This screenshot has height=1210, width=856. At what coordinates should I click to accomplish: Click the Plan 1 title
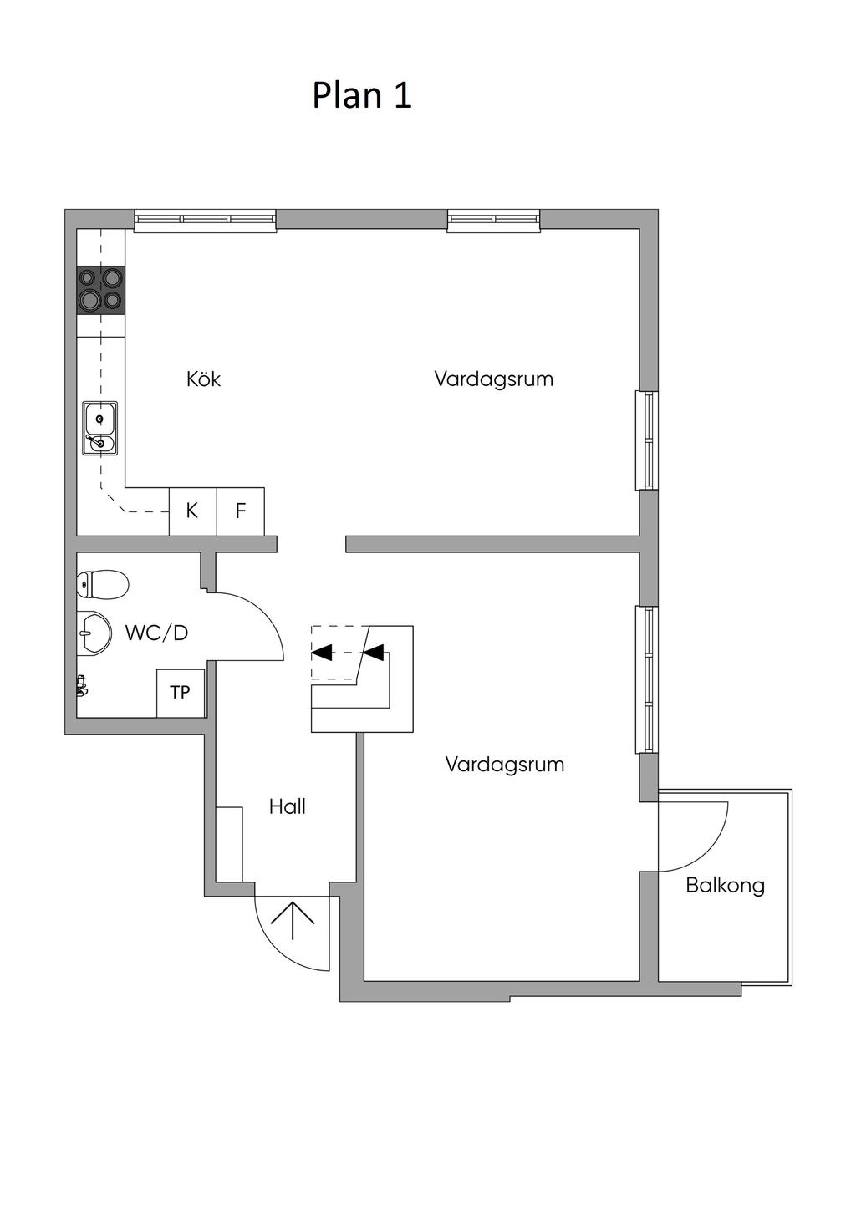click(361, 95)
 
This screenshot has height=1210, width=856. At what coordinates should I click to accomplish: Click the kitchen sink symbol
click(100, 427)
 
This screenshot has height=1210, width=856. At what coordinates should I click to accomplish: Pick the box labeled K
click(193, 511)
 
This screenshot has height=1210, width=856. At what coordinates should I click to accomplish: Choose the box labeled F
click(241, 511)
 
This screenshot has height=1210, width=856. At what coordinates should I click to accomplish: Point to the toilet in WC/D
click(103, 584)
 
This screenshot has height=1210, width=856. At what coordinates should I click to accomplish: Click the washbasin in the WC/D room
click(94, 633)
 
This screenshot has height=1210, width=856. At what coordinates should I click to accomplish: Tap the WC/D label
click(156, 633)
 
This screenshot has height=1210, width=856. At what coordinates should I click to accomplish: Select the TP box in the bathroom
click(181, 693)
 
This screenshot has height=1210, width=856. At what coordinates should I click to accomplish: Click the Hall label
click(288, 806)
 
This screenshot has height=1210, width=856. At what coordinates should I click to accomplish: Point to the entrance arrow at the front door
click(293, 920)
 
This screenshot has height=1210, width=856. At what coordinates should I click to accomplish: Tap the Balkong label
click(726, 886)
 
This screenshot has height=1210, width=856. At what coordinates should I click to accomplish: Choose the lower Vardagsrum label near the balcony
click(505, 764)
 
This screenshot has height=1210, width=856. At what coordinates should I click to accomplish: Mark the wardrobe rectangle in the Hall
click(229, 844)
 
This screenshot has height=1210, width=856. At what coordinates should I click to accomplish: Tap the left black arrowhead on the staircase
click(322, 653)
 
